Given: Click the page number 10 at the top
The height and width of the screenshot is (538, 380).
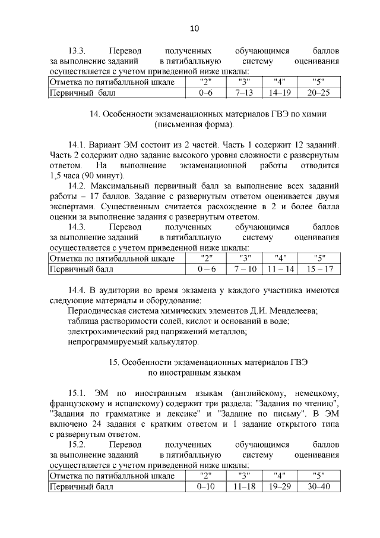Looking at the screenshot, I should tap(194, 29).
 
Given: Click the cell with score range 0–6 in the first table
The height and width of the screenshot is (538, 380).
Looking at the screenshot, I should tap(207, 93).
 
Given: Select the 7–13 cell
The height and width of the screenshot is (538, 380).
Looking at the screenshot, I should tap(244, 93).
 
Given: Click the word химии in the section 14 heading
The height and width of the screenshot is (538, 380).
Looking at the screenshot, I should tap(315, 114).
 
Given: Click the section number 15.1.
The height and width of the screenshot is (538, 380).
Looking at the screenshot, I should tap(78, 393).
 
